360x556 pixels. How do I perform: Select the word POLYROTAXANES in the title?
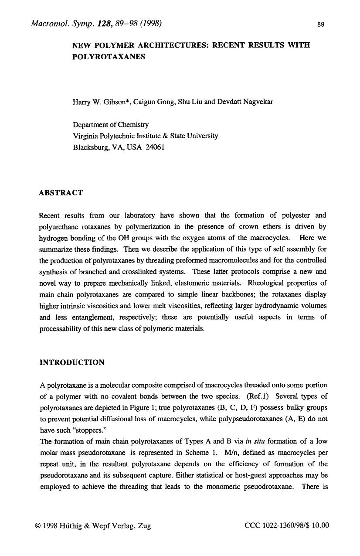coord(109,57)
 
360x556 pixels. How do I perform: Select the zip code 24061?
coord(155,147)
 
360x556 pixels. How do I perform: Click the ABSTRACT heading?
coord(61,192)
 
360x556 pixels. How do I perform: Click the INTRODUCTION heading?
coord(72,362)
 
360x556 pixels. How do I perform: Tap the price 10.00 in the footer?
coord(321,525)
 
